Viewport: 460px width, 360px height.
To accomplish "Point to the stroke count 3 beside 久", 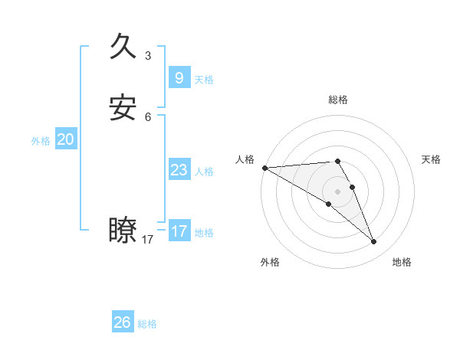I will pyautogui.click(x=148, y=56).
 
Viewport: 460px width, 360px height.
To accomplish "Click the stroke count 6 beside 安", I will pyautogui.click(x=148, y=117).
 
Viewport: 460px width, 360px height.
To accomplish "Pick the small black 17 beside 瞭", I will pyautogui.click(x=148, y=240).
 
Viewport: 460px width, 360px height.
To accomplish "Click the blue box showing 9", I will pyautogui.click(x=179, y=78).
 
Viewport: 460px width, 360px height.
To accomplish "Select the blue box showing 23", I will pyautogui.click(x=179, y=170).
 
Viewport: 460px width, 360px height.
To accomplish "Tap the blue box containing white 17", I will pyautogui.click(x=179, y=231).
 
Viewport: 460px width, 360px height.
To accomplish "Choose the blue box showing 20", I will pyautogui.click(x=65, y=139).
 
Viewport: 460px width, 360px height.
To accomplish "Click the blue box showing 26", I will pyautogui.click(x=122, y=322).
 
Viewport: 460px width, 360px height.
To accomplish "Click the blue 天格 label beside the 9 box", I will pyautogui.click(x=204, y=80).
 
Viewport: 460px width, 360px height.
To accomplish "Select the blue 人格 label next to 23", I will pyautogui.click(x=204, y=172).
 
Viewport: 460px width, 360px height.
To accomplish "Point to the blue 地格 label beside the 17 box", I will pyautogui.click(x=204, y=233).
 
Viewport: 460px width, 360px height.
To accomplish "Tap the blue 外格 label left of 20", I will pyautogui.click(x=41, y=141).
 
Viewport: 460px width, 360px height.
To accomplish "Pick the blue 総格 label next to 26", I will pyautogui.click(x=147, y=324).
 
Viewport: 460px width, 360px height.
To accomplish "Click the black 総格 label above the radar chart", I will pyautogui.click(x=338, y=100).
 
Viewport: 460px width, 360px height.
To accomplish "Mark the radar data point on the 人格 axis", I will pyautogui.click(x=264, y=167).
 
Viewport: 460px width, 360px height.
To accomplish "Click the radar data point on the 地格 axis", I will pyautogui.click(x=374, y=242).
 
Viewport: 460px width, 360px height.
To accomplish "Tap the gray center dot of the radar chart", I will pyautogui.click(x=338, y=191).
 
